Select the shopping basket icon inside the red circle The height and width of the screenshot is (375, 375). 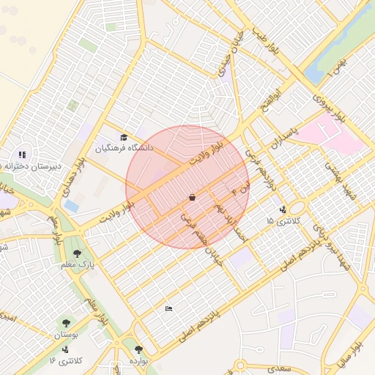[192, 197]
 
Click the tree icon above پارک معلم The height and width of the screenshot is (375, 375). [77, 253]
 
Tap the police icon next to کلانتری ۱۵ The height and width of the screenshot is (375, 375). [283, 209]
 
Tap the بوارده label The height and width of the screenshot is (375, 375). [138, 360]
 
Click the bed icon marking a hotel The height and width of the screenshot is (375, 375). [169, 308]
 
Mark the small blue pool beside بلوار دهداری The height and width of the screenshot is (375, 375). [71, 207]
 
